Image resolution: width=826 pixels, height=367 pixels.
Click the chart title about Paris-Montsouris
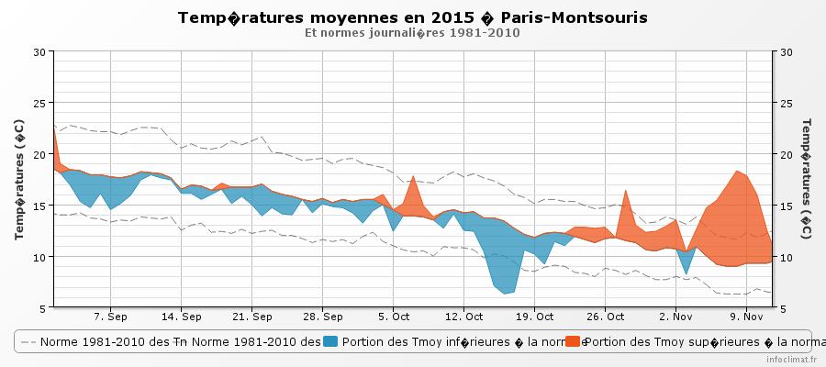coord(412,17)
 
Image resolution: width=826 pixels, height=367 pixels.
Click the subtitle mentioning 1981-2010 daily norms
coord(412,33)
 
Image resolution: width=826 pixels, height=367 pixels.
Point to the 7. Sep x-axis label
coord(111,317)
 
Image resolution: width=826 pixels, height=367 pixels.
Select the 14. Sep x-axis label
coord(182,317)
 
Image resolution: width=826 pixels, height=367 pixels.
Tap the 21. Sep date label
coord(252,317)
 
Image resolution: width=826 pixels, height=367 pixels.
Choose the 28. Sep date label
coord(323,317)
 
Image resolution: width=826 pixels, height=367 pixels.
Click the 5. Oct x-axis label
coord(394,317)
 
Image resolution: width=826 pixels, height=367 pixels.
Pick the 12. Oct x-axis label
coord(464,317)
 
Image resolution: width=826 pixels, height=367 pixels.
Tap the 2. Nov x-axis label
coord(675,317)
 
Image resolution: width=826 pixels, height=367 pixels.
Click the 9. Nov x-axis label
coord(746,317)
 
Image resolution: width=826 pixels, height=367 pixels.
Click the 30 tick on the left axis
coord(39,51)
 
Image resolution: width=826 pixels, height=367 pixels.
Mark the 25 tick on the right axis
coord(786,103)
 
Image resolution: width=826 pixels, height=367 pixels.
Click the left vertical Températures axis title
coord(18,179)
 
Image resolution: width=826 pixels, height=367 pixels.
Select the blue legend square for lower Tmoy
coord(332,341)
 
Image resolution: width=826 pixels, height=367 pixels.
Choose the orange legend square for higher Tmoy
coord(573,341)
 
